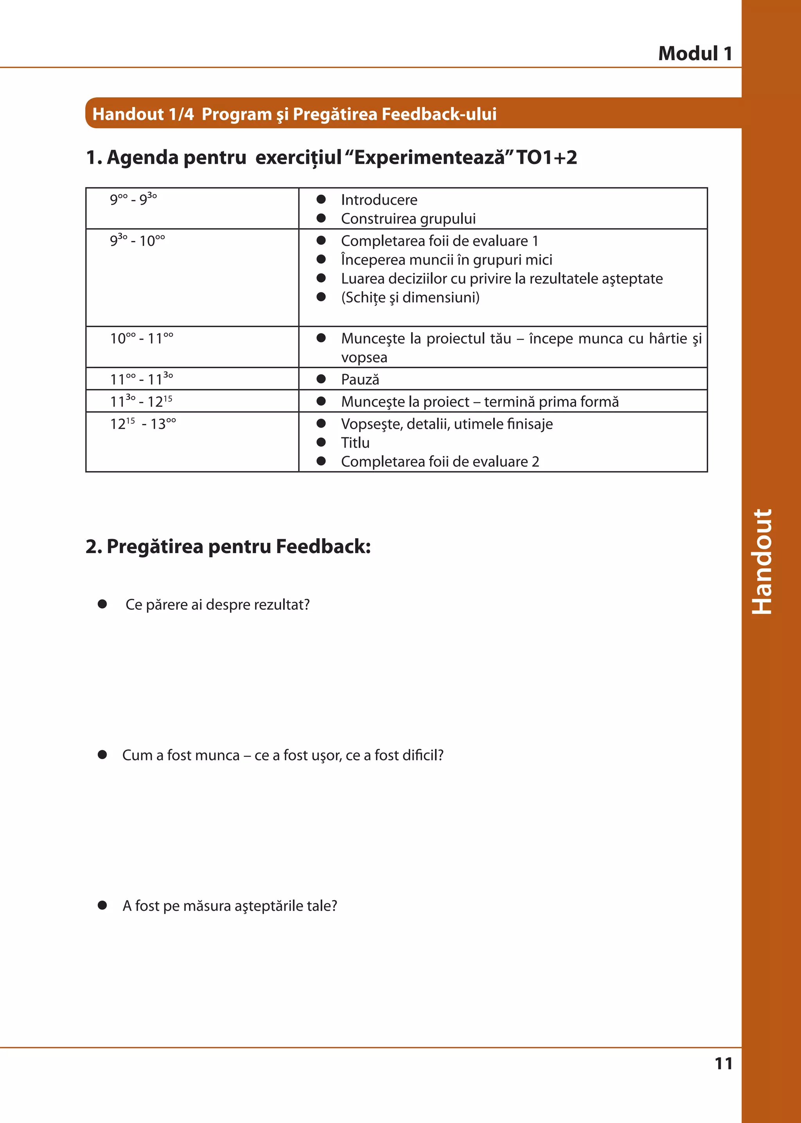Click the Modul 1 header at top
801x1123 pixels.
[695, 53]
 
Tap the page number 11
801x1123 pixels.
[723, 1063]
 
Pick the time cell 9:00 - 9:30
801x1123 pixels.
[133, 199]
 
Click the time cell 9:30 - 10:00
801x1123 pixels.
[137, 240]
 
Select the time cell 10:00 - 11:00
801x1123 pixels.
[142, 338]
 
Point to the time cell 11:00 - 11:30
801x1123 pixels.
[142, 379]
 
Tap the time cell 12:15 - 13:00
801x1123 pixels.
[143, 423]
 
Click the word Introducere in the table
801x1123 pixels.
[379, 200]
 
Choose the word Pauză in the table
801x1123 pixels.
[360, 379]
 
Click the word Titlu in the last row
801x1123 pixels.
[355, 443]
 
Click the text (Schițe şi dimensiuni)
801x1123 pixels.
[410, 297]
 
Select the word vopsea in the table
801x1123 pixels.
[364, 357]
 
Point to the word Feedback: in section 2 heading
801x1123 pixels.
[323, 546]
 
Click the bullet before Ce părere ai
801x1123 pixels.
[102, 604]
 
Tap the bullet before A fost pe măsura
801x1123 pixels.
[102, 905]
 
